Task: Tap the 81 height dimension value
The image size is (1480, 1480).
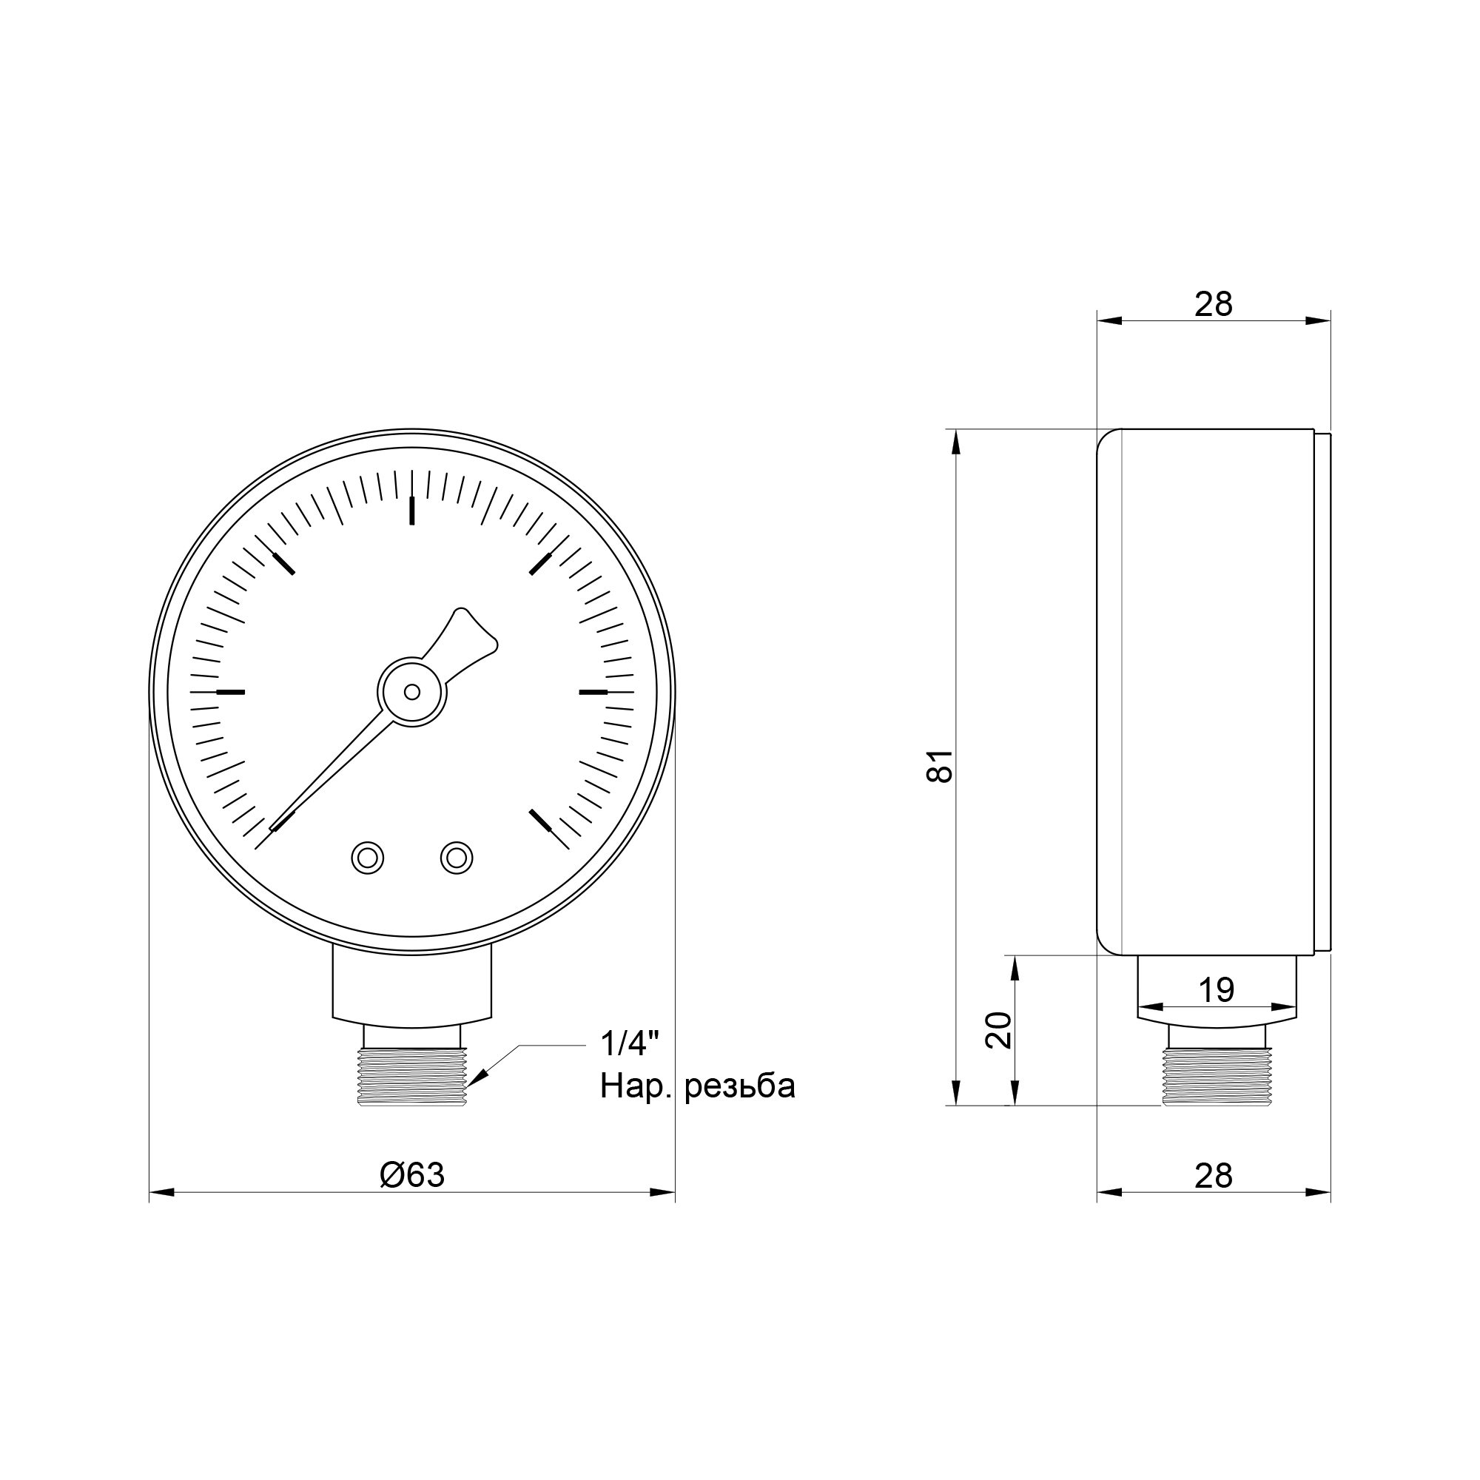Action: click(940, 765)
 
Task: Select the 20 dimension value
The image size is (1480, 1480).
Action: click(999, 1030)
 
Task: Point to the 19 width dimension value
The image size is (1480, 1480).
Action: click(1217, 991)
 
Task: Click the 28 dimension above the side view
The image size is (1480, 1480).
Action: click(1214, 304)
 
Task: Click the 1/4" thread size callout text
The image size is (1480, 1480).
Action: click(630, 1043)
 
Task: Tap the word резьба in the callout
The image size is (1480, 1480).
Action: click(740, 1086)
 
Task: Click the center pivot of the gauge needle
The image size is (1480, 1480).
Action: click(412, 692)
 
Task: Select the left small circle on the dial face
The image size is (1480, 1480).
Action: click(368, 857)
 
